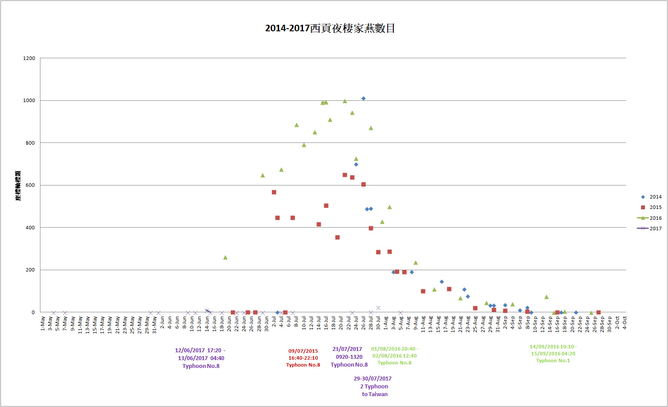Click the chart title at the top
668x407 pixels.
(330, 29)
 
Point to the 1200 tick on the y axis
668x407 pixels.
(29, 58)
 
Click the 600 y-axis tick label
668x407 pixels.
(30, 185)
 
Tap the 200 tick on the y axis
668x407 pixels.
(30, 270)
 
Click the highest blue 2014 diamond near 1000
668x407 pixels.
(363, 99)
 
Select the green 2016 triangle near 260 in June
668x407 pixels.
(225, 258)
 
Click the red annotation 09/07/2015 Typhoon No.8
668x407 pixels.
(303, 358)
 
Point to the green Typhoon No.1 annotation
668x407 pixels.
(553, 354)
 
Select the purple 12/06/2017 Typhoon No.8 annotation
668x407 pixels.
(201, 358)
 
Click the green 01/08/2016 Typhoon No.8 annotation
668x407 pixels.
(394, 356)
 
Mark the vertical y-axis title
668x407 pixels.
(18, 185)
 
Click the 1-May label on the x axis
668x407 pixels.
(43, 324)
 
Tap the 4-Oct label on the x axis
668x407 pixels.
(625, 323)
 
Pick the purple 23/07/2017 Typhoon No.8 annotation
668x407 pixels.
(349, 357)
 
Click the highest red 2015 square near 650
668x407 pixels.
(345, 175)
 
